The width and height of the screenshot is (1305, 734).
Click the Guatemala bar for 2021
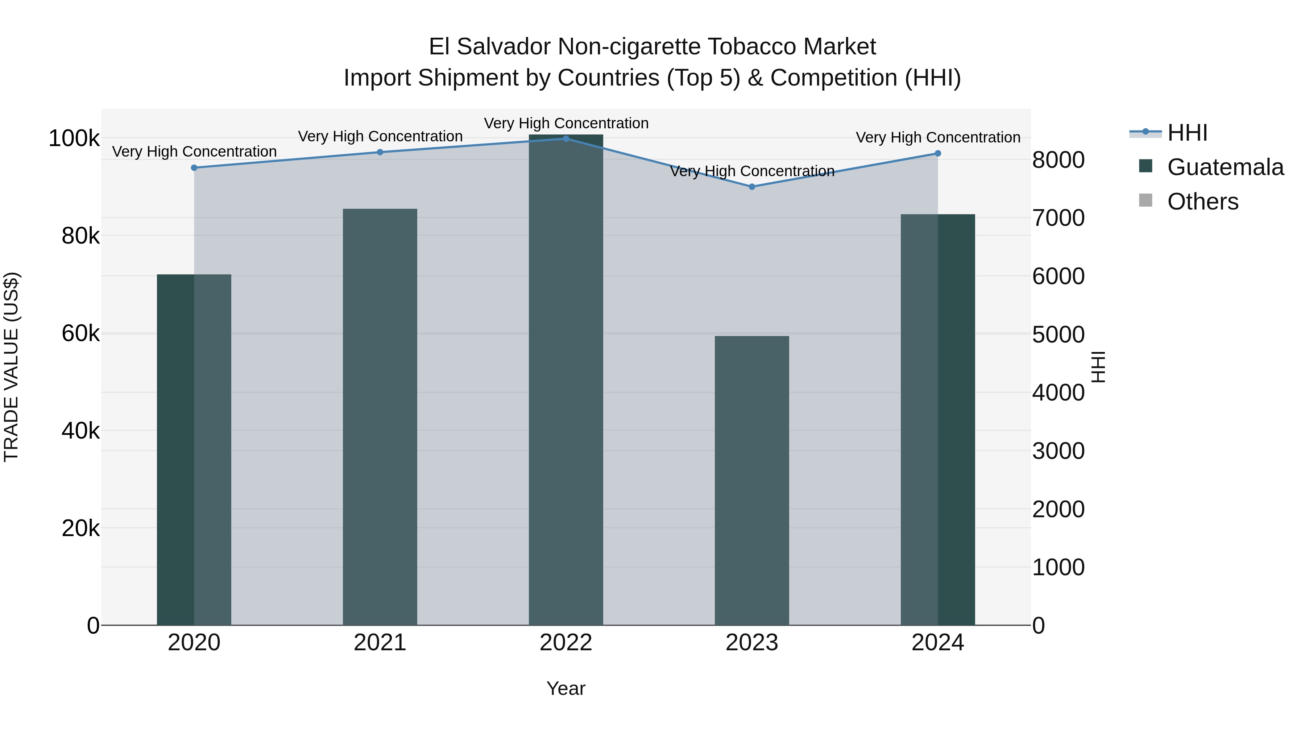(x=380, y=416)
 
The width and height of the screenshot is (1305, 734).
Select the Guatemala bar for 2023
(x=752, y=480)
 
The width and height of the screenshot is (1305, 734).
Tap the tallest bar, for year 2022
(x=566, y=380)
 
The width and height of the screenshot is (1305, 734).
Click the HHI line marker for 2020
(x=194, y=168)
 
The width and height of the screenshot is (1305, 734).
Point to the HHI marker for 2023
(x=752, y=187)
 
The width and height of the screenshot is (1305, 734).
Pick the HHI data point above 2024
(x=938, y=153)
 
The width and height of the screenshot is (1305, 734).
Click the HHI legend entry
(x=1187, y=133)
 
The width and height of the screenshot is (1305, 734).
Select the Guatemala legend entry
(x=1225, y=167)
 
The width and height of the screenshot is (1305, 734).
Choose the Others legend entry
(x=1202, y=202)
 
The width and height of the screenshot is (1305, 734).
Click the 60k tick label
(x=80, y=334)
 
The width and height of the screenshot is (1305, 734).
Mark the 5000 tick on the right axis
(x=1058, y=335)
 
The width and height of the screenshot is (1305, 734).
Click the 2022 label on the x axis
(x=566, y=643)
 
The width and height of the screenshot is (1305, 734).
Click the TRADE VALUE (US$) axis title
(x=11, y=367)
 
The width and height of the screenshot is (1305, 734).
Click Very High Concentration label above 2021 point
(x=380, y=137)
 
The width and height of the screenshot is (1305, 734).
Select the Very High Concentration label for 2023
(x=752, y=171)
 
